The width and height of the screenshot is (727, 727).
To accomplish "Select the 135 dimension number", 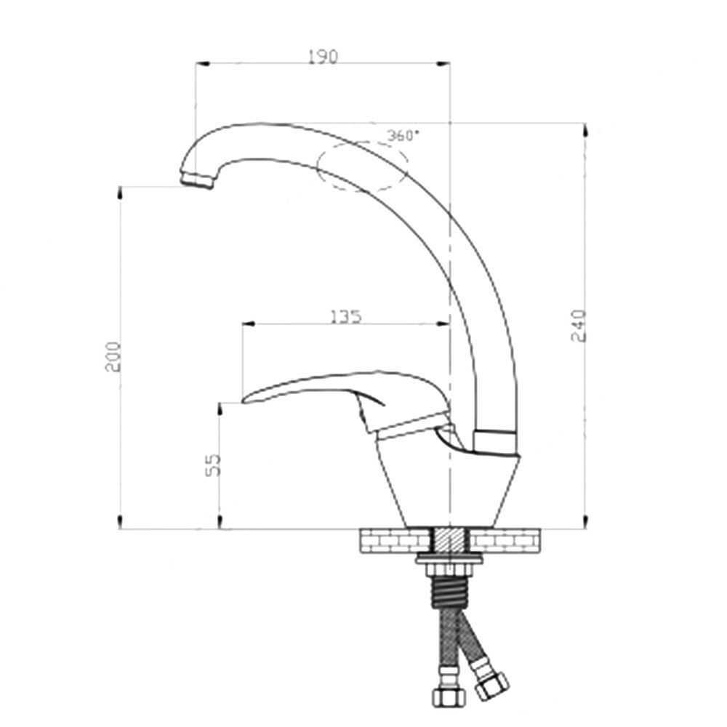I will (345, 317).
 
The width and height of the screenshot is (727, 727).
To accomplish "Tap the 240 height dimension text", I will (579, 325).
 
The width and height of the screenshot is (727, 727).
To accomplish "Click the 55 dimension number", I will (213, 465).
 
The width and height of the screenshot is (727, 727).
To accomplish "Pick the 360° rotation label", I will (403, 136).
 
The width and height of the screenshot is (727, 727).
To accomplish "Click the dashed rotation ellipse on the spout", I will (361, 166).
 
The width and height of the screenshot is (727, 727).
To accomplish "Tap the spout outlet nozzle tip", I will (198, 180).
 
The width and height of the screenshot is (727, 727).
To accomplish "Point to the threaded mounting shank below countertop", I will (450, 586).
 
